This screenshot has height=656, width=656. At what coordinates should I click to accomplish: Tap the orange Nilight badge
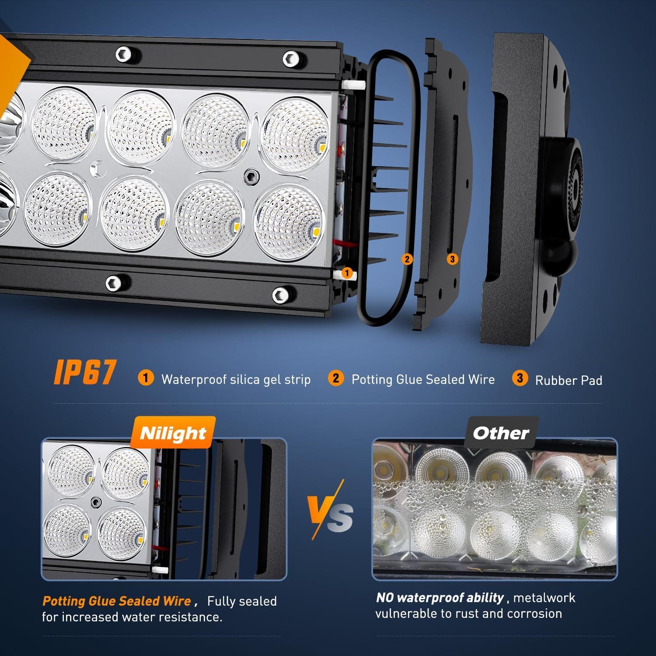173,433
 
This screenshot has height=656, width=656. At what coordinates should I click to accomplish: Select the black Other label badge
501,433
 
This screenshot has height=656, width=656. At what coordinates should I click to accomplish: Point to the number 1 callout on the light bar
347,273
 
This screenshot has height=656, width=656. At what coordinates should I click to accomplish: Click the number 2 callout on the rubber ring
407,259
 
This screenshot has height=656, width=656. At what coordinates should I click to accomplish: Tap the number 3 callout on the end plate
453,259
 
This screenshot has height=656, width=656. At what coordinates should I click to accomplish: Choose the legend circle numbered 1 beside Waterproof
146,378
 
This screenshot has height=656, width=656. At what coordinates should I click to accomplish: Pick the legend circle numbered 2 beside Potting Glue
335,378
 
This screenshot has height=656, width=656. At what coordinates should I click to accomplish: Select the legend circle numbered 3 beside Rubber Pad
520,378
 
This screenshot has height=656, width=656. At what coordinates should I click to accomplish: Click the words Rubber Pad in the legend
569,380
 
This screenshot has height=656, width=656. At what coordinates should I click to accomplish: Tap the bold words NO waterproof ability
440,597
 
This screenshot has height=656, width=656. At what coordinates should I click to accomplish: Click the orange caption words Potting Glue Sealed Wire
116,601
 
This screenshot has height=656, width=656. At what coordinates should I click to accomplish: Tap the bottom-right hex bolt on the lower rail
281,295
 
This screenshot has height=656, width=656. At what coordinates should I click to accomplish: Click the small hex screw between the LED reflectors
251,175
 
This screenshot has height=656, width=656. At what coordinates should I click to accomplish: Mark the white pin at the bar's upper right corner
348,83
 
